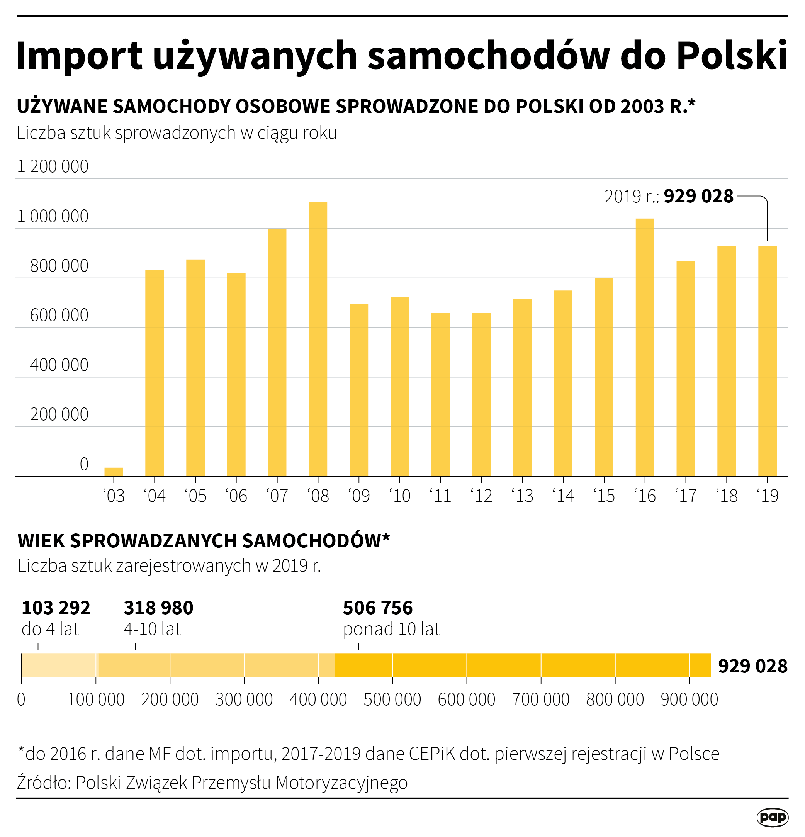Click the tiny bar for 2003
click(114, 472)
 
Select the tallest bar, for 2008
click(318, 339)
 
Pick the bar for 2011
click(440, 395)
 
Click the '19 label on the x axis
click(768, 496)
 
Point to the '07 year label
click(277, 496)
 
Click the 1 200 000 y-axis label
click(53, 166)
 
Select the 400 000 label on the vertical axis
click(59, 365)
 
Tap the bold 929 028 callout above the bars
click(698, 197)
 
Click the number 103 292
click(56, 608)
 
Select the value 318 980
click(158, 608)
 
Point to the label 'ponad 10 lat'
click(391, 629)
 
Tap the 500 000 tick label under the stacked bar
click(392, 699)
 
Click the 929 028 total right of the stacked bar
click(752, 666)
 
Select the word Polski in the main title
click(732, 56)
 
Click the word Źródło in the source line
click(43, 783)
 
